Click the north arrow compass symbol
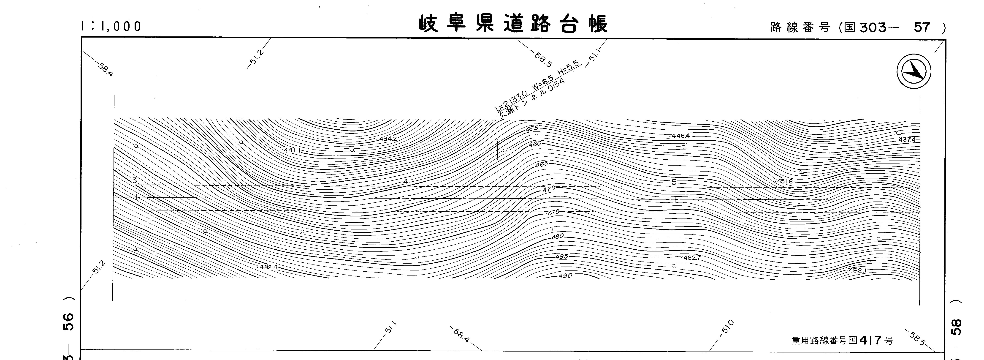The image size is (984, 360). (914, 71)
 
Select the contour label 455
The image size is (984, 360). (532, 128)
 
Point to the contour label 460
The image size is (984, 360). (535, 144)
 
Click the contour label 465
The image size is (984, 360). (541, 164)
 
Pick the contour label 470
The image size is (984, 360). (548, 188)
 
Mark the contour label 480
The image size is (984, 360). (557, 237)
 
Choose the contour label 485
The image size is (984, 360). (561, 256)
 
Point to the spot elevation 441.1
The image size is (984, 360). (292, 151)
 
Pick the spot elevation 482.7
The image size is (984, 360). (692, 258)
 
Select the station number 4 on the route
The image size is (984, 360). (406, 182)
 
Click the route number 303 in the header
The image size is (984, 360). (873, 27)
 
